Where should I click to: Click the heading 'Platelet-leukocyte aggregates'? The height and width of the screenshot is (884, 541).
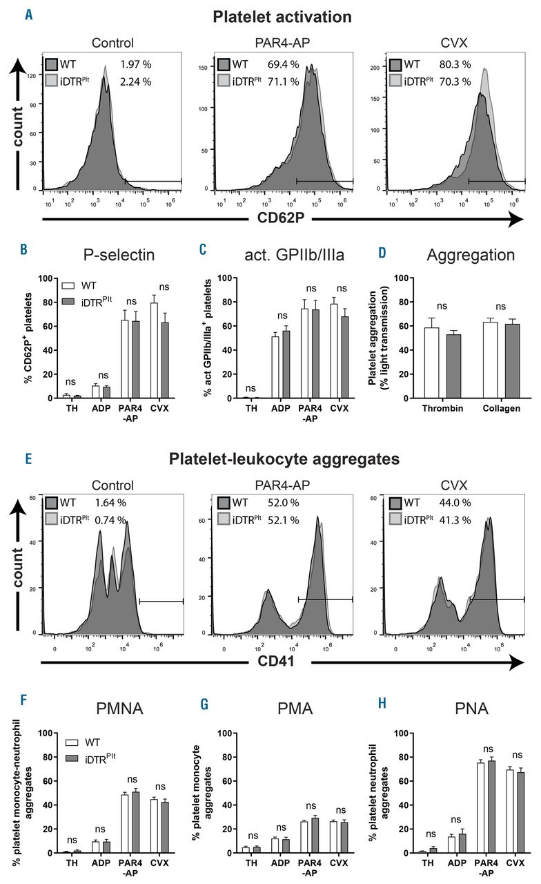click(270, 458)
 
